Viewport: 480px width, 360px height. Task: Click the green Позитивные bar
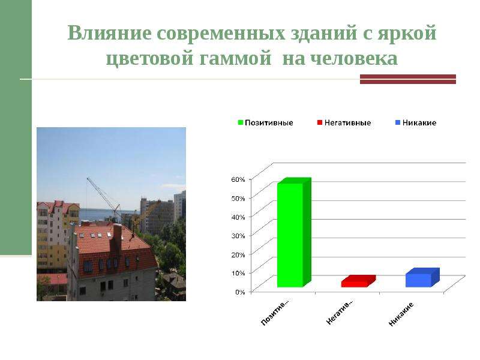(x=294, y=233)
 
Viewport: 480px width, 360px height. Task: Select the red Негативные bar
(x=358, y=281)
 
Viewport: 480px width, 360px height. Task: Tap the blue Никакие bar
(x=422, y=278)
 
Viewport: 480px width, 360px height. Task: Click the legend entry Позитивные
(x=265, y=123)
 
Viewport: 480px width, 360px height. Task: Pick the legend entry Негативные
(x=344, y=123)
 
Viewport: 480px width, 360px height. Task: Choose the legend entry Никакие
(x=416, y=123)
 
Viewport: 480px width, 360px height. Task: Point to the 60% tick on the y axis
(x=238, y=179)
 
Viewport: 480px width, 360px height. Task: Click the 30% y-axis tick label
(x=238, y=236)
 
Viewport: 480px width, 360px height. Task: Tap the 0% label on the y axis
(x=241, y=292)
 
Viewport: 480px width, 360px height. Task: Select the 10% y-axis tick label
(x=238, y=273)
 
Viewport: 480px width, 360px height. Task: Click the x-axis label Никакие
(x=401, y=314)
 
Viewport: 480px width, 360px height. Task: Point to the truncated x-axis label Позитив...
(x=275, y=312)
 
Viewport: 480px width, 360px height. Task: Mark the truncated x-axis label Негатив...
(x=339, y=312)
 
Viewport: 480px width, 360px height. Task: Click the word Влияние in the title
(x=109, y=33)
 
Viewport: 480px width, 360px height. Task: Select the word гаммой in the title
(x=235, y=59)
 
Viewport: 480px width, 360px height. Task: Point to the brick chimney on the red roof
(x=117, y=238)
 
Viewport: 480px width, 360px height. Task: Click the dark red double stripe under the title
(x=408, y=79)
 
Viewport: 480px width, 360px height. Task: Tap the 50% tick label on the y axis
(x=238, y=199)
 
